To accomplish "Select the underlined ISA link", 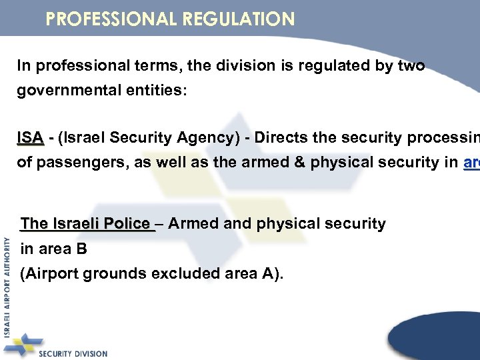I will [31, 138].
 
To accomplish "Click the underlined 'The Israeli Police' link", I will [86, 223].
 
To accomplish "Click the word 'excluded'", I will [178, 273].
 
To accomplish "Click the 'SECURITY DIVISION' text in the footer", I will [73, 353].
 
